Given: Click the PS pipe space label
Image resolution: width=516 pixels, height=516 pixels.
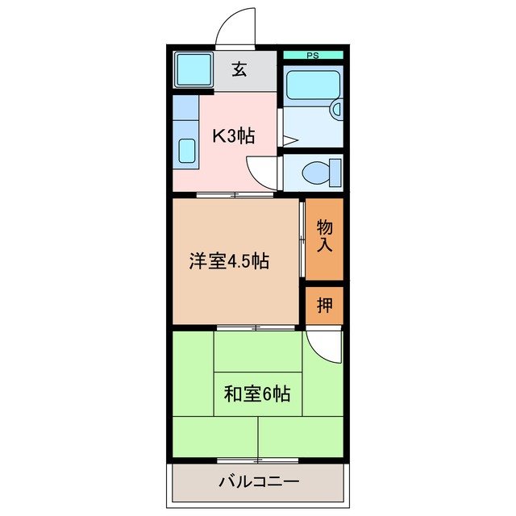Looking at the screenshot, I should pyautogui.click(x=312, y=56).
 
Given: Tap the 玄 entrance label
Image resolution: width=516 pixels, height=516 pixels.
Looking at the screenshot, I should pyautogui.click(x=239, y=70).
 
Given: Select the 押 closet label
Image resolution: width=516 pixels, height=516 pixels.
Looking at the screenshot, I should pyautogui.click(x=324, y=306).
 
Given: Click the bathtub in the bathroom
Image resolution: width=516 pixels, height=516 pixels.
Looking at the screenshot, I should pyautogui.click(x=313, y=86).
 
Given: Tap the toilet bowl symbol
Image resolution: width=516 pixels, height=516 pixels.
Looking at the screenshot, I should pyautogui.click(x=315, y=173).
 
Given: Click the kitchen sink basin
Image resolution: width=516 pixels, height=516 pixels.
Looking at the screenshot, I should pyautogui.click(x=186, y=150).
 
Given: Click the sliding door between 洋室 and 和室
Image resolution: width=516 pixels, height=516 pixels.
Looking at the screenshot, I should pyautogui.click(x=256, y=328).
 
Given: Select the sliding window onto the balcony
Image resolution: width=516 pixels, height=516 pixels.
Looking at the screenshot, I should pyautogui.click(x=256, y=460).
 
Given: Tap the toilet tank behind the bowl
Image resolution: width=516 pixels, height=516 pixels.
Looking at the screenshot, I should pyautogui.click(x=335, y=173).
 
